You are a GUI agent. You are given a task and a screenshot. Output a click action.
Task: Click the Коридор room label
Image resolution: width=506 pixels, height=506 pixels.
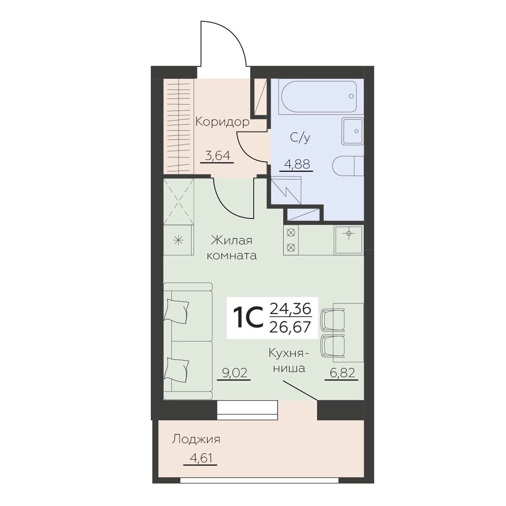222,122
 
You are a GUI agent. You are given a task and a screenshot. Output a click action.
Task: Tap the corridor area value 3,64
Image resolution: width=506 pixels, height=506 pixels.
218,156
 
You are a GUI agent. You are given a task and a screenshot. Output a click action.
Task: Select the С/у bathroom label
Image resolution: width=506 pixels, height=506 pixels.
300,138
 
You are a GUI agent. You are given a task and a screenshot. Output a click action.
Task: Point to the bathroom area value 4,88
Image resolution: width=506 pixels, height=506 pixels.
296,165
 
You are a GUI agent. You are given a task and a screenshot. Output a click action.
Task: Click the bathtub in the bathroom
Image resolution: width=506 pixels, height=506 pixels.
319,96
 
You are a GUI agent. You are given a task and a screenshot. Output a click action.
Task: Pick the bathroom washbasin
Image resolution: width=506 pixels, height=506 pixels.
353,131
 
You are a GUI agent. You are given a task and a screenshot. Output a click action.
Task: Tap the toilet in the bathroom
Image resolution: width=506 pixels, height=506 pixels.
348,166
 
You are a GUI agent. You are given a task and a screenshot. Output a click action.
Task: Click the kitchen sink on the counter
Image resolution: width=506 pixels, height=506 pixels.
348,240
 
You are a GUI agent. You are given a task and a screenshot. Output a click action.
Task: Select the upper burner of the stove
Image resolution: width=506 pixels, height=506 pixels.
291,233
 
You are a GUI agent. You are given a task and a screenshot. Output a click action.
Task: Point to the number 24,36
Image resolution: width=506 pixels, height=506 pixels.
290,309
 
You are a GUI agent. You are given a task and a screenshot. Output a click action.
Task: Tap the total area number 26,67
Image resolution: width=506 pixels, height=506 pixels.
290,327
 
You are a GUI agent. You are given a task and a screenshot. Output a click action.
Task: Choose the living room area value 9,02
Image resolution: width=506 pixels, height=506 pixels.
235,373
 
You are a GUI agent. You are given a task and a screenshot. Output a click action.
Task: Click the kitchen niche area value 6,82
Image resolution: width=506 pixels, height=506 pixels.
342,373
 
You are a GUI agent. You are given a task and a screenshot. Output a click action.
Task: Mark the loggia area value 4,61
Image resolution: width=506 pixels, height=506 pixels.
200,458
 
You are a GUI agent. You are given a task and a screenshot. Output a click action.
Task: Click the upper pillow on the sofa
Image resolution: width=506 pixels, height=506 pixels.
176,311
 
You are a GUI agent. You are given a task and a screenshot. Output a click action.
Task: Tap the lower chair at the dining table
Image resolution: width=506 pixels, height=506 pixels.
333,347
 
